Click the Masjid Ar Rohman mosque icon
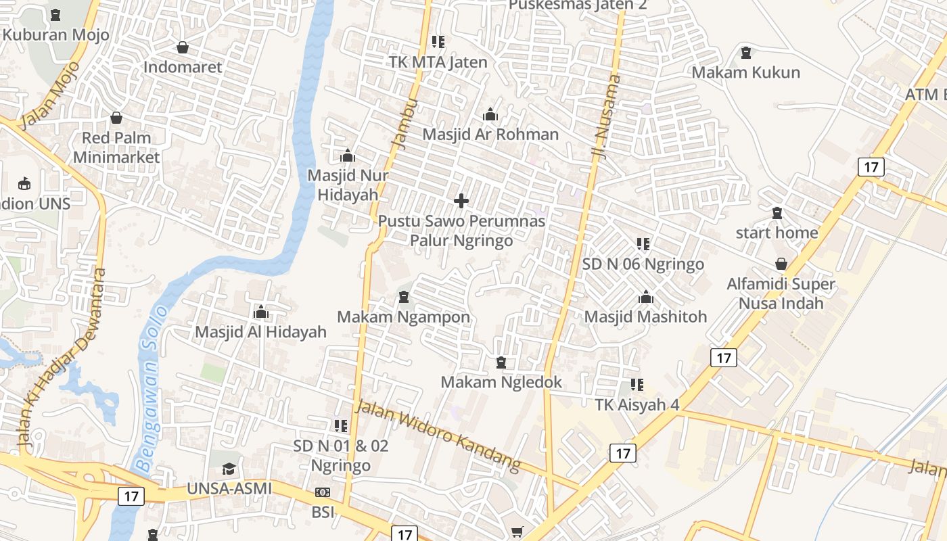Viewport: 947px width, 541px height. pyautogui.click(x=490, y=115)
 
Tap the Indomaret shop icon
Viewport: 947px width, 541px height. pyautogui.click(x=183, y=47)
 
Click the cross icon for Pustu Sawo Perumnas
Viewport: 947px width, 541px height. pyautogui.click(x=461, y=201)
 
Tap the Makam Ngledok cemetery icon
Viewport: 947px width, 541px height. pyautogui.click(x=501, y=363)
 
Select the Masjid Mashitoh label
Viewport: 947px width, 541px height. pyautogui.click(x=645, y=316)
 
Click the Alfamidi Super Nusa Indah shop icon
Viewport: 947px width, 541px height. pyautogui.click(x=781, y=264)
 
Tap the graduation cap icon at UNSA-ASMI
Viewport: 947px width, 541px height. pyautogui.click(x=229, y=469)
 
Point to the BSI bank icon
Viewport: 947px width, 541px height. pyautogui.click(x=323, y=492)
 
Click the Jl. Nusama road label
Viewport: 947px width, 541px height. pyautogui.click(x=606, y=117)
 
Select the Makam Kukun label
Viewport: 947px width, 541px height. pyautogui.click(x=745, y=72)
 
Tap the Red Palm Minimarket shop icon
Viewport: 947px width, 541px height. pyautogui.click(x=116, y=118)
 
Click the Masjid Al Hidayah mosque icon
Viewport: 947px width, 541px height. pyautogui.click(x=261, y=312)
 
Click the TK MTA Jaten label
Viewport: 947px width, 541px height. pyautogui.click(x=438, y=62)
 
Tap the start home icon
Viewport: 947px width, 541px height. pyautogui.click(x=777, y=214)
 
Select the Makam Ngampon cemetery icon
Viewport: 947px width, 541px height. pyautogui.click(x=404, y=297)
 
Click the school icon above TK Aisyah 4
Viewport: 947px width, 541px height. pyautogui.click(x=637, y=385)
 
